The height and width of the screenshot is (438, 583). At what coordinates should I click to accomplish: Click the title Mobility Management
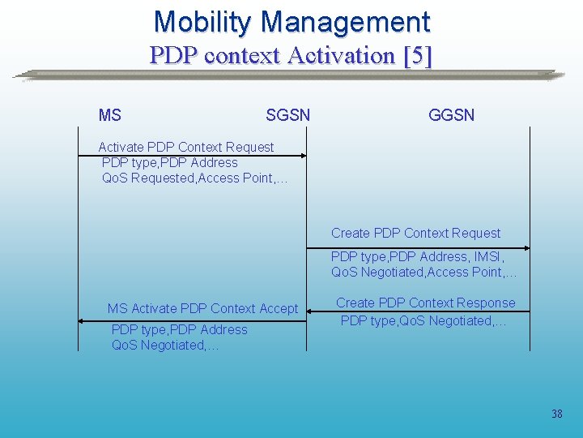291,22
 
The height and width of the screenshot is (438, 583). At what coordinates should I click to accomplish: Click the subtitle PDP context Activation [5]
291,55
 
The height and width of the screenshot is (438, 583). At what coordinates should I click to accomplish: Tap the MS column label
109,115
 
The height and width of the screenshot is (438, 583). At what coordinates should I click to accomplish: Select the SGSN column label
287,115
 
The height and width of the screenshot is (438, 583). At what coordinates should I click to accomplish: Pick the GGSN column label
451,115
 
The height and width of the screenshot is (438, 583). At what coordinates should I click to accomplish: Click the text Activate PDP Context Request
185,147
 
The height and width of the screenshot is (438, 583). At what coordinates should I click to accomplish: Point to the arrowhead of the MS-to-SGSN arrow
303,156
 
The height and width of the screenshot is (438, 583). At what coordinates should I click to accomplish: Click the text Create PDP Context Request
415,233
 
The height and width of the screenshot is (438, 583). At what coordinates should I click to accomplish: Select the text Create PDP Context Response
425,303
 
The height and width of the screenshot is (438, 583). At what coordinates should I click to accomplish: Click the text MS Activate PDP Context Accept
202,308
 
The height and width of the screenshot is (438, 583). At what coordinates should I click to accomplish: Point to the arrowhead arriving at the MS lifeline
82,322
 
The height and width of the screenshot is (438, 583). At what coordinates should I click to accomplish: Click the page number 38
556,414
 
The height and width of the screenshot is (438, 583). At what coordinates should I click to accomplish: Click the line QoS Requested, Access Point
194,178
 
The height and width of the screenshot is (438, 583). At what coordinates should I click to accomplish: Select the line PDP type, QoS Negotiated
423,320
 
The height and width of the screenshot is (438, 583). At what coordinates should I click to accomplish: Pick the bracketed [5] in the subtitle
416,55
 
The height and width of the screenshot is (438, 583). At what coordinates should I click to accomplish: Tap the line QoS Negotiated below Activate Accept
164,345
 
